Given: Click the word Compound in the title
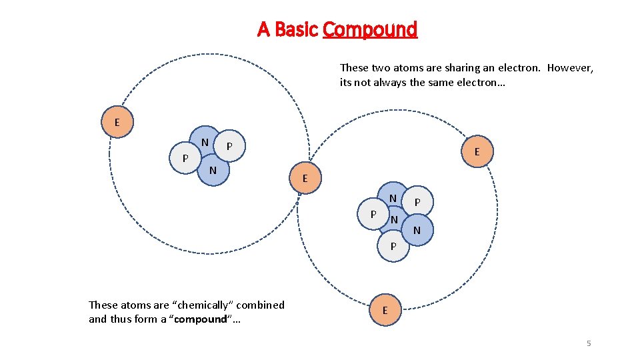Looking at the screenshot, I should click(x=370, y=30).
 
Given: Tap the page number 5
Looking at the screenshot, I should click(x=589, y=343).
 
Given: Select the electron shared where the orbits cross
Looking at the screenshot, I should click(x=305, y=179).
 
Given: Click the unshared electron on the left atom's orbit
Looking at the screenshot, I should click(x=117, y=123).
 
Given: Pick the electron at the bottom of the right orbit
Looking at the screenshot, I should click(x=385, y=311).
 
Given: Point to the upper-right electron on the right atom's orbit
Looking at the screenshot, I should click(x=476, y=152).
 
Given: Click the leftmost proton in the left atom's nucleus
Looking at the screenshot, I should click(x=185, y=158).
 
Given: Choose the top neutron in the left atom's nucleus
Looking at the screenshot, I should click(x=205, y=142).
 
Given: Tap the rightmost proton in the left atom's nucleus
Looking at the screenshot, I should click(x=229, y=145).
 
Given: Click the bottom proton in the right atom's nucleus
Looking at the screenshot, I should click(x=393, y=245).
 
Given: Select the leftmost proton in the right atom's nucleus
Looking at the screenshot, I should click(x=373, y=214).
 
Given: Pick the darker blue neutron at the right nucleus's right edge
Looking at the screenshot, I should click(x=417, y=231).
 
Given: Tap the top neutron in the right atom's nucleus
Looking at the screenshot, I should click(x=393, y=197).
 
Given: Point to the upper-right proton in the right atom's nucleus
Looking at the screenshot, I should click(x=418, y=201).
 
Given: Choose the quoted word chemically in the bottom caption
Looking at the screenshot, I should click(x=199, y=305).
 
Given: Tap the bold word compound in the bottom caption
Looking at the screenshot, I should click(x=200, y=319).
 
